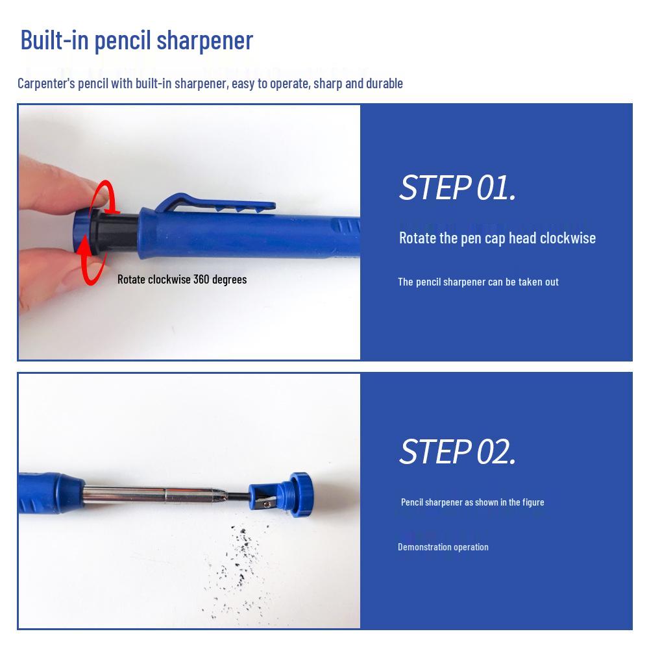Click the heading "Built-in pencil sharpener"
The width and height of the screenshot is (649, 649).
[136, 40]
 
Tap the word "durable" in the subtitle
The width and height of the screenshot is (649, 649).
[384, 83]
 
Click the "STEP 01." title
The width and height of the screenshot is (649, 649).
[457, 188]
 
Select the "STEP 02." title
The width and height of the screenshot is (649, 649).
[457, 451]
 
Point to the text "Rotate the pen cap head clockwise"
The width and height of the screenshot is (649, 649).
[497, 238]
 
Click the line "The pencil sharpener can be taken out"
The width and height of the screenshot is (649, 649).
[478, 282]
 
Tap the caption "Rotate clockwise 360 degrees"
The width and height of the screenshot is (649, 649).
[182, 279]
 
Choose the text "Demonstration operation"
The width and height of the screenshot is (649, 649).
[443, 547]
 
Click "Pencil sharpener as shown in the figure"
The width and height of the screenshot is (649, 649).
[472, 502]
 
